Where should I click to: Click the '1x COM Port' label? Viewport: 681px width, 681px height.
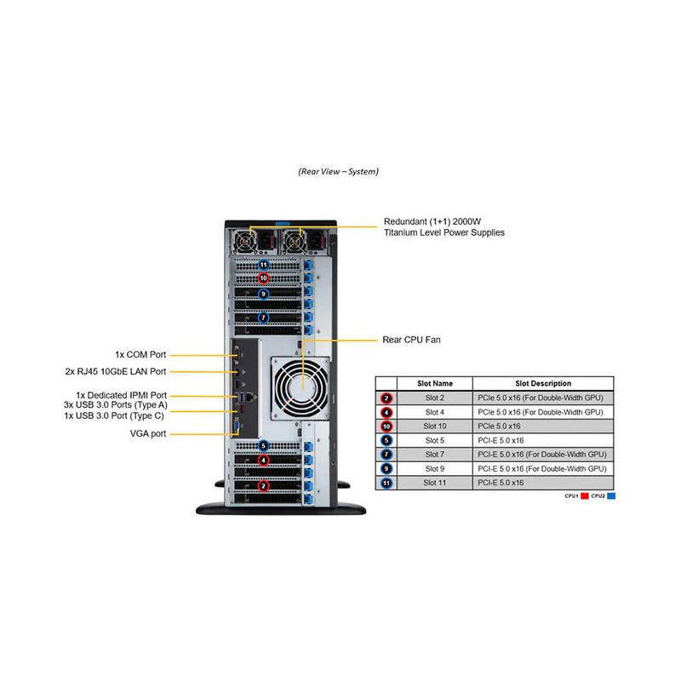(140, 354)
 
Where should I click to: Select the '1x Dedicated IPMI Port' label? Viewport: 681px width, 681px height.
(121, 396)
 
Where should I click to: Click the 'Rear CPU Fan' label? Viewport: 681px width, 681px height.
(412, 340)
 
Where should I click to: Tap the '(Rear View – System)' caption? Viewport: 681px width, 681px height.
(339, 171)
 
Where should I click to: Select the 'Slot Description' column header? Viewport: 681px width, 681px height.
(543, 384)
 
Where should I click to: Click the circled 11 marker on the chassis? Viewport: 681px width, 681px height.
(264, 265)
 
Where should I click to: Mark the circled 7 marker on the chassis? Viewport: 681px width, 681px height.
(264, 318)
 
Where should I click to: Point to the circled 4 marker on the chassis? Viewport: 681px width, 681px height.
(264, 461)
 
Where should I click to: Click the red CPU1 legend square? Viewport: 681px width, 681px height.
(584, 495)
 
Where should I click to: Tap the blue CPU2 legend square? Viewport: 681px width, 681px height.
(611, 495)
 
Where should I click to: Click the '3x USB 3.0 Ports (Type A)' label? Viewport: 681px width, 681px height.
(115, 405)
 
